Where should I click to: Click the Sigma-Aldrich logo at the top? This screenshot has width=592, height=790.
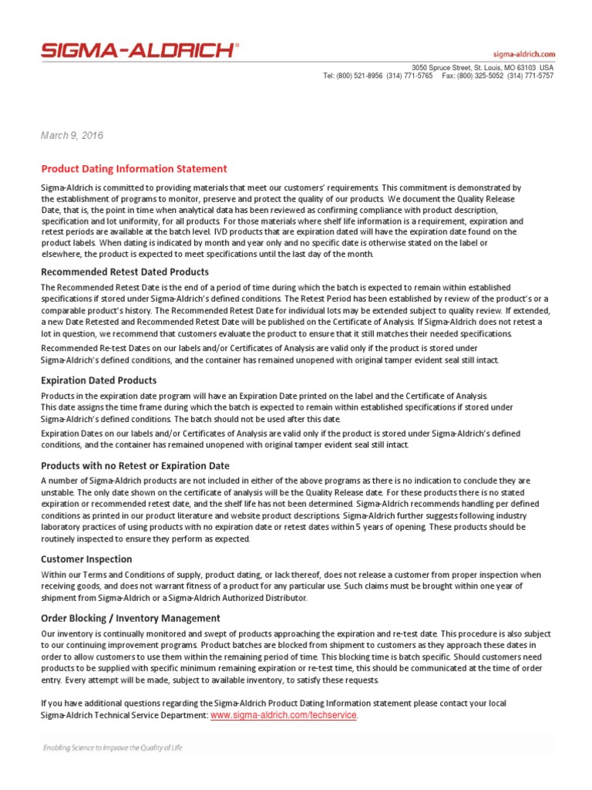pos(140,51)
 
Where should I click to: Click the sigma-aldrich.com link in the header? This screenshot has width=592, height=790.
pos(523,54)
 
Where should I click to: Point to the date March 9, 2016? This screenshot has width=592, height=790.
pos(72,135)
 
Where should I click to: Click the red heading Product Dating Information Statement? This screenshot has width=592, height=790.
pos(133,168)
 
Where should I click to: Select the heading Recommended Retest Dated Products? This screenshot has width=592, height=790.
pos(124,272)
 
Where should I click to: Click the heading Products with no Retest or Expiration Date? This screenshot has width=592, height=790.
pos(134,465)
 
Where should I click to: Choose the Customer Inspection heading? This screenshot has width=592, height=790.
pos(86,559)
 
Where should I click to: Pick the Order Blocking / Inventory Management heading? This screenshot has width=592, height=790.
pos(129,618)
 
